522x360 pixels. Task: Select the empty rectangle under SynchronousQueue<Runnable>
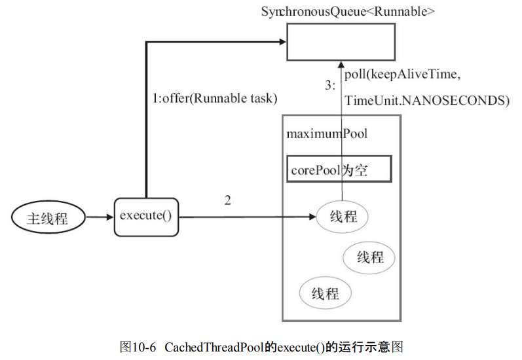point(341,41)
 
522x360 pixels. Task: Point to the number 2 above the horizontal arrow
point(227,200)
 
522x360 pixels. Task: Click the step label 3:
point(329,85)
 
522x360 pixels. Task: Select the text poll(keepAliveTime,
point(402,75)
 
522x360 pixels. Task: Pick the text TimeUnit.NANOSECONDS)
point(426,100)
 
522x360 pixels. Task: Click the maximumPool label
point(326,134)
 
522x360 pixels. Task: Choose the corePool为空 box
point(339,169)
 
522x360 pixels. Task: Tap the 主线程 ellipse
point(48,218)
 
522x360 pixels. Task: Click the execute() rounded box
point(146,217)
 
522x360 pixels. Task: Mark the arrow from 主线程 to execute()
point(100,217)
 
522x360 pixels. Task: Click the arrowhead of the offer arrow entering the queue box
point(282,42)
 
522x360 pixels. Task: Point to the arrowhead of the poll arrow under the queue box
point(341,63)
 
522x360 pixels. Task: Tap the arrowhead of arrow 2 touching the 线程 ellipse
point(312,217)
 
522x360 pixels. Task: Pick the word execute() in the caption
point(301,346)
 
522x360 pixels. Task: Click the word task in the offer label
point(264,99)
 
